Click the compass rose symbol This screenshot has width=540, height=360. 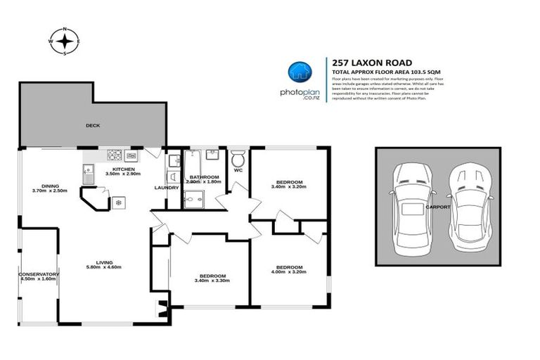(65, 41)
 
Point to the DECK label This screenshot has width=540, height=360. (93, 126)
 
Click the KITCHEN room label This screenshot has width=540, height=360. (124, 169)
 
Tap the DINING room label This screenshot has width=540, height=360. (49, 186)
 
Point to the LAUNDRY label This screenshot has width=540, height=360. (167, 188)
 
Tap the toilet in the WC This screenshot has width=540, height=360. (238, 156)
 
